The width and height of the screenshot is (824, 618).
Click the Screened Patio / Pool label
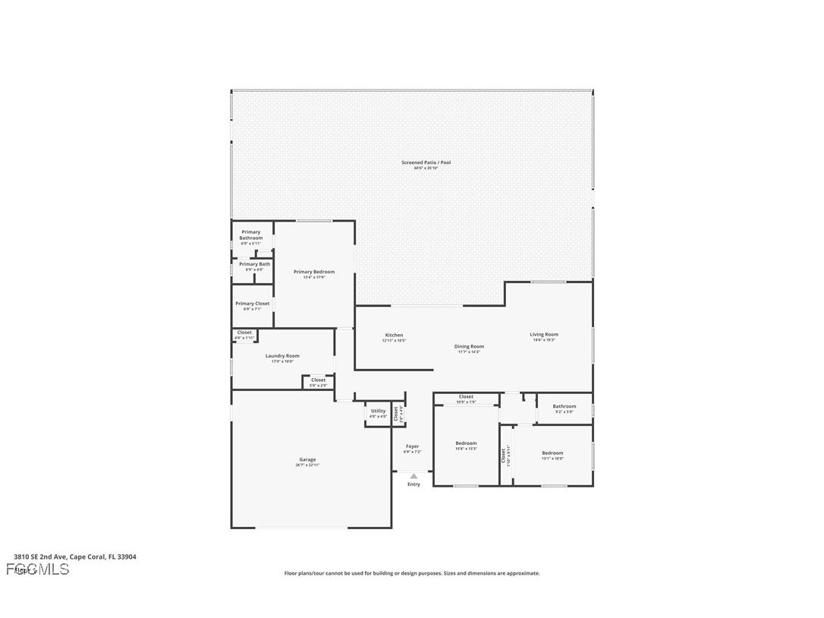click(x=420, y=162)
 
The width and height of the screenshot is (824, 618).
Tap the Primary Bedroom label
click(x=313, y=272)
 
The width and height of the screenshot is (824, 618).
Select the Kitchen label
click(x=394, y=335)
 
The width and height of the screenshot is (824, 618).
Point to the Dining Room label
click(x=469, y=346)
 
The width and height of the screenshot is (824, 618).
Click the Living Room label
click(x=543, y=335)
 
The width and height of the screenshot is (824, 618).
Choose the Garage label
click(x=307, y=459)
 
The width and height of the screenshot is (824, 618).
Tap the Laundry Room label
click(x=282, y=356)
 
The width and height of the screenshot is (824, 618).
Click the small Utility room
click(x=378, y=413)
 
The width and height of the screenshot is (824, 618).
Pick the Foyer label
click(x=412, y=446)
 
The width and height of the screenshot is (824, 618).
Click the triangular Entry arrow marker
click(x=414, y=476)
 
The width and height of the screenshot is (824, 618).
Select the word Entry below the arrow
click(x=414, y=484)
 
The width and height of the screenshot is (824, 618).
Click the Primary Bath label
click(x=254, y=264)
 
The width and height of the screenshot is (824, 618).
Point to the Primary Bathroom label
click(x=251, y=235)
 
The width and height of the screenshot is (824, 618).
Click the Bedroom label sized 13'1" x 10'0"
click(x=552, y=453)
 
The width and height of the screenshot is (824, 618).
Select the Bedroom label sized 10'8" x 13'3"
click(x=466, y=443)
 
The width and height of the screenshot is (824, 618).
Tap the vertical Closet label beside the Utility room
click(x=396, y=414)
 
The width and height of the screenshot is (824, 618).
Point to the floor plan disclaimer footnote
click(x=412, y=573)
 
